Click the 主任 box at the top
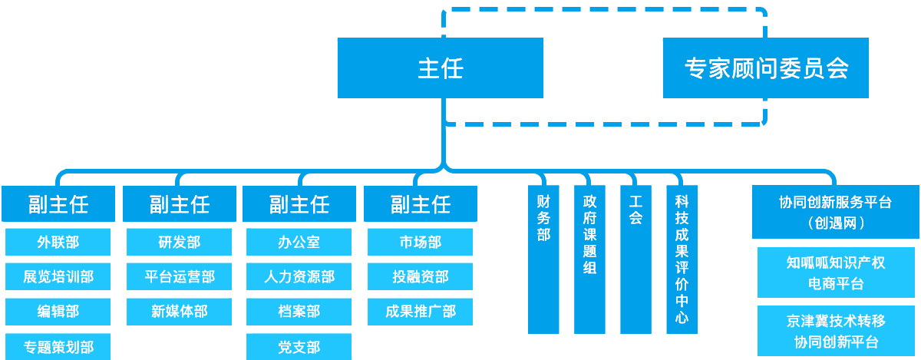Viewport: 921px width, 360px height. [441, 68]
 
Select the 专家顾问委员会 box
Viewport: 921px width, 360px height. [766, 68]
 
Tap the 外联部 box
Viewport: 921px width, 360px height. [58, 243]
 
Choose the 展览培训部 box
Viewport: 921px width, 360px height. [58, 276]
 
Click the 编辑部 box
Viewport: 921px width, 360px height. [58, 311]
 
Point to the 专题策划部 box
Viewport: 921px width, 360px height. [58, 347]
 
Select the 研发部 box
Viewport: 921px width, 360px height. [180, 243]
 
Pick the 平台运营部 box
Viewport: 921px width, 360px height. [180, 276]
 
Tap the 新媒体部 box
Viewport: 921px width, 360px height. [180, 311]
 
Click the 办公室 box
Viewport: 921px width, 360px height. [299, 243]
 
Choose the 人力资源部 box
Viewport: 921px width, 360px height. [299, 276]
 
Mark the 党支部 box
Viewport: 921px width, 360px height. [299, 347]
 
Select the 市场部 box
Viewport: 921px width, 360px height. [421, 243]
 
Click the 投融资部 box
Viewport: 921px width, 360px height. [421, 276]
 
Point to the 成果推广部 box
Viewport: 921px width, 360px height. [421, 311]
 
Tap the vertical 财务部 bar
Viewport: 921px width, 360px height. [543, 259]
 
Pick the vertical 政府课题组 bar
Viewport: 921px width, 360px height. [589, 259]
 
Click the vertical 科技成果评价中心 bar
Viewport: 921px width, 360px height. [682, 259]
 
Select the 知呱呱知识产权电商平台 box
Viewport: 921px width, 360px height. [835, 272]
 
